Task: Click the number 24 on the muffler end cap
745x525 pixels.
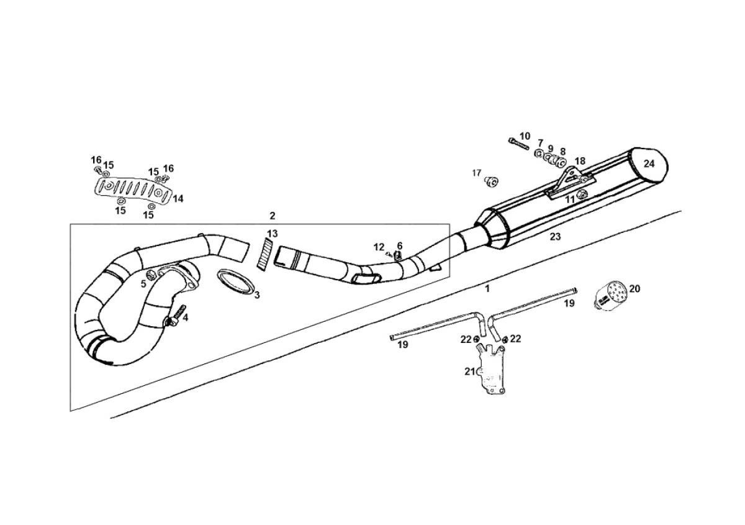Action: (x=649, y=164)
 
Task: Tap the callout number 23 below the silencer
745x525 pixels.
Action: (x=555, y=237)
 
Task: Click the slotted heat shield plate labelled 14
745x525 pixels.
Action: (x=133, y=190)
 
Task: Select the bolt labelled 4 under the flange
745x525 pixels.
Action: (x=176, y=317)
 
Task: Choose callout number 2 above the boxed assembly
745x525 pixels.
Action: (x=272, y=216)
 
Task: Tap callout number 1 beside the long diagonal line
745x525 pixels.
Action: (x=487, y=288)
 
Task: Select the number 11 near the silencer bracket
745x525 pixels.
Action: (x=570, y=199)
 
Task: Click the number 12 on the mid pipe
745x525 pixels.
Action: (x=379, y=247)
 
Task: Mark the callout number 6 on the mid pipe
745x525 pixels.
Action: (x=400, y=246)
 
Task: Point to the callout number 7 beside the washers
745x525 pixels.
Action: (x=540, y=143)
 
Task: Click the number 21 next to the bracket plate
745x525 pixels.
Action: (x=469, y=371)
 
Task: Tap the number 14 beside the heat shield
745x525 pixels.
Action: (x=178, y=199)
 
